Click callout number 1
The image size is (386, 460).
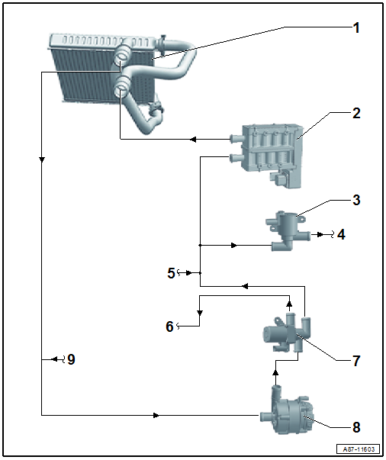pyautogui.click(x=356, y=28)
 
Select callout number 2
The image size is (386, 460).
pyautogui.click(x=356, y=113)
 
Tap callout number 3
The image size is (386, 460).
pyautogui.click(x=356, y=200)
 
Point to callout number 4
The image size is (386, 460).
pyautogui.click(x=341, y=235)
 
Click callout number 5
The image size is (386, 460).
pyautogui.click(x=171, y=273)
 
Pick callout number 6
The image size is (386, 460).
pyautogui.click(x=169, y=327)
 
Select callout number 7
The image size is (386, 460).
pyautogui.click(x=356, y=361)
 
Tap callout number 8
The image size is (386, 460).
pyautogui.click(x=356, y=427)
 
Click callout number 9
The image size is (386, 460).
pyautogui.click(x=71, y=359)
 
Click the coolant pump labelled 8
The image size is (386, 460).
pyautogui.click(x=288, y=409)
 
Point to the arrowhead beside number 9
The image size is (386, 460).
pyautogui.click(x=54, y=359)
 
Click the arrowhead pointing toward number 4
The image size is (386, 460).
pyautogui.click(x=320, y=235)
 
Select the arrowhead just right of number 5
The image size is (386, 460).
pyautogui.click(x=188, y=273)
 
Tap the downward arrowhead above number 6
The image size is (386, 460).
pyautogui.click(x=200, y=313)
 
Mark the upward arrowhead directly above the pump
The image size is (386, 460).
pyautogui.click(x=275, y=373)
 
